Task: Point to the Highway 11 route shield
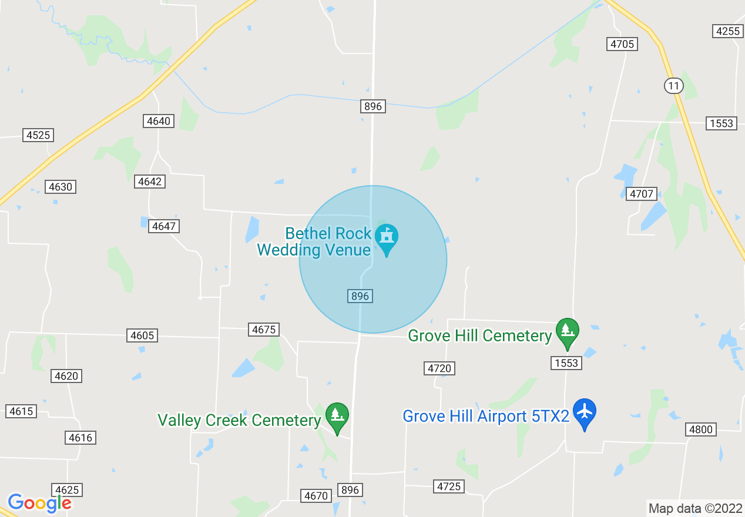point(673,86)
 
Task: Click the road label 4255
point(728,31)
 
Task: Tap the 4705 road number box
point(622,44)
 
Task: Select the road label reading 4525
point(38,135)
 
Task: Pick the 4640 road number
point(158,121)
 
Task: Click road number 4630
point(61,187)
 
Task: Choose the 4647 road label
point(164,226)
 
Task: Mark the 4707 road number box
point(642,194)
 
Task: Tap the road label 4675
point(263,330)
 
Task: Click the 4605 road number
point(142,335)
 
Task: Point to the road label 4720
point(439,368)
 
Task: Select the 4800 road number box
point(701,429)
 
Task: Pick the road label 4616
point(80,438)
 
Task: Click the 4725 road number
point(449,486)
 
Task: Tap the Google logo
point(39,503)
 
